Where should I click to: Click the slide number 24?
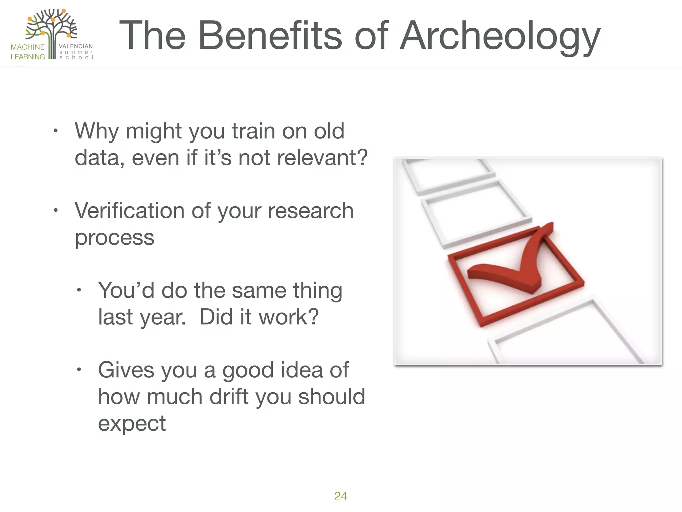pyautogui.click(x=340, y=496)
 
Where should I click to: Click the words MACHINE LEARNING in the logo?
pyautogui.click(x=28, y=52)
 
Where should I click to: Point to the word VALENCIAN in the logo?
pyautogui.click(x=76, y=46)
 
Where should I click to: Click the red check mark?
pyautogui.click(x=513, y=263)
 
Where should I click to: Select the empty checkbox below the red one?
pyautogui.click(x=566, y=337)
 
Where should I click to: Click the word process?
pyautogui.click(x=114, y=237)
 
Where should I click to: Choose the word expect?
pyautogui.click(x=132, y=423)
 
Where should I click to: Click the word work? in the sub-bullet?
pyautogui.click(x=288, y=317)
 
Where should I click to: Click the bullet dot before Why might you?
pyautogui.click(x=56, y=131)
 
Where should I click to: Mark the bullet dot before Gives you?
pyautogui.click(x=79, y=370)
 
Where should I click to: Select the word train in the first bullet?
pyautogui.click(x=253, y=131)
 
